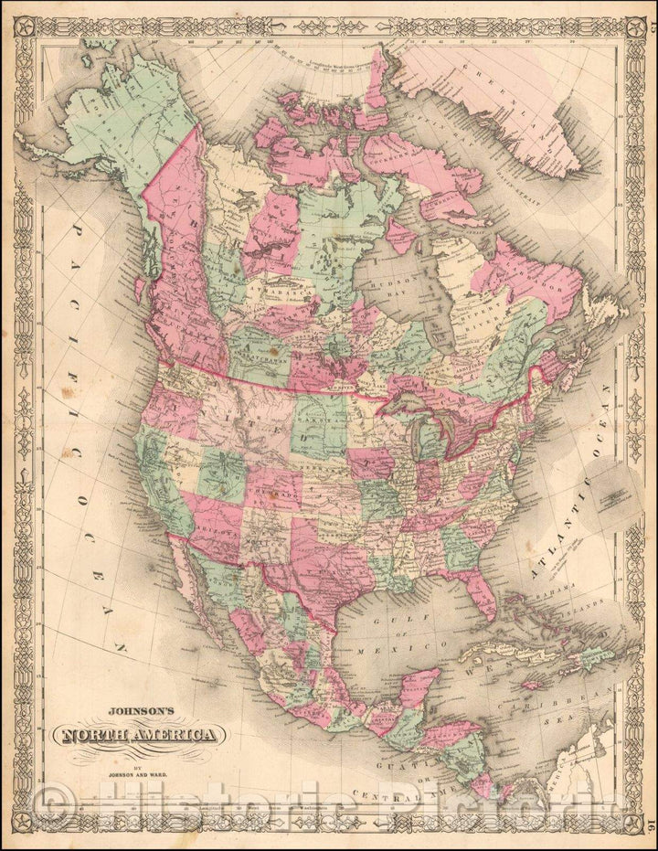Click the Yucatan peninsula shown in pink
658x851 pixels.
415,686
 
